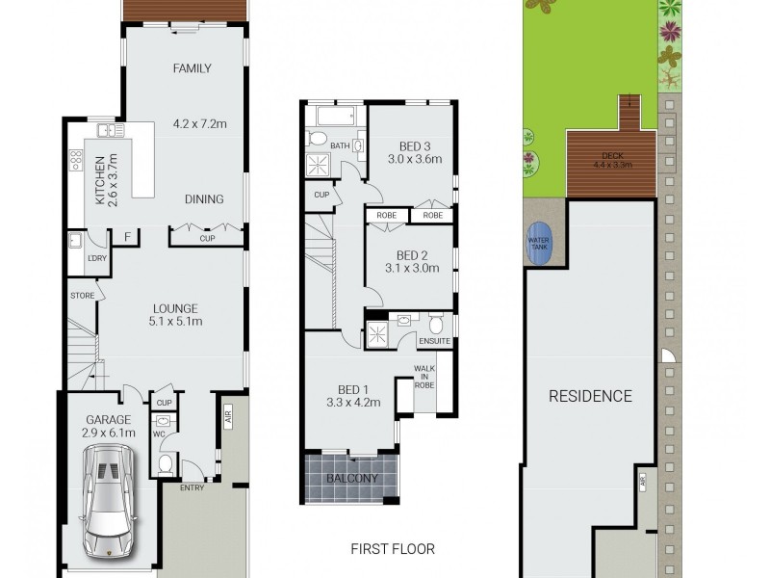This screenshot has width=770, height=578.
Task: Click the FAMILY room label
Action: (x=192, y=68)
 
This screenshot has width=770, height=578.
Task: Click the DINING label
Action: (x=203, y=199)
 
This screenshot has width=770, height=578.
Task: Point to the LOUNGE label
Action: (x=174, y=308)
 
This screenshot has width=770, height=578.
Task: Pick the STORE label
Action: (x=80, y=296)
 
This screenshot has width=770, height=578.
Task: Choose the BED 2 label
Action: (x=412, y=255)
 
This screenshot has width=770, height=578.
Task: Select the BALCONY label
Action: (x=350, y=478)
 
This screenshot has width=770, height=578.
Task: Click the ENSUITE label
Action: (x=435, y=340)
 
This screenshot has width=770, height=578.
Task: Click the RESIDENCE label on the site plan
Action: (x=590, y=396)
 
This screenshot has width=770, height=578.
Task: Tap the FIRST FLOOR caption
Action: (x=393, y=549)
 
